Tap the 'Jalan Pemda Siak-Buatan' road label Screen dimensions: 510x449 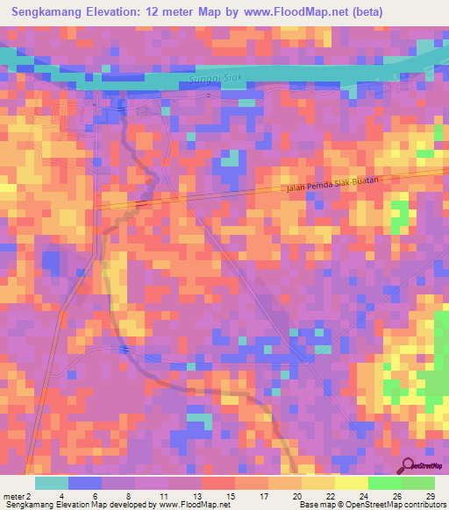click(334, 182)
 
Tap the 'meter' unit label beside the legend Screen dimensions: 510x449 click(13, 495)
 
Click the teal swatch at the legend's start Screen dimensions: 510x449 click(51, 483)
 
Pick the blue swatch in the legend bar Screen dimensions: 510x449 click(85, 483)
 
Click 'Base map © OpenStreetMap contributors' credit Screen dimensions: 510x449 click(372, 505)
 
